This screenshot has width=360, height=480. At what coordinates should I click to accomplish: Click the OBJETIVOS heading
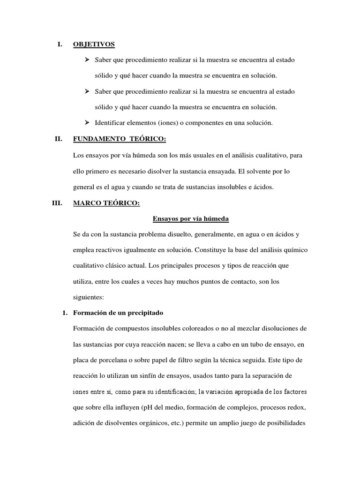point(94,45)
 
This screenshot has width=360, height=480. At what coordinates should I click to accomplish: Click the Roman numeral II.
point(59,139)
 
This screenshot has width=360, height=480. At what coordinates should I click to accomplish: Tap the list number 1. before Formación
point(65,313)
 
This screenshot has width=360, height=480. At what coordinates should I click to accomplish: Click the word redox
point(295,408)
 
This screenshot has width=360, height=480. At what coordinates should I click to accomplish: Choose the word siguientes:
point(89,297)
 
